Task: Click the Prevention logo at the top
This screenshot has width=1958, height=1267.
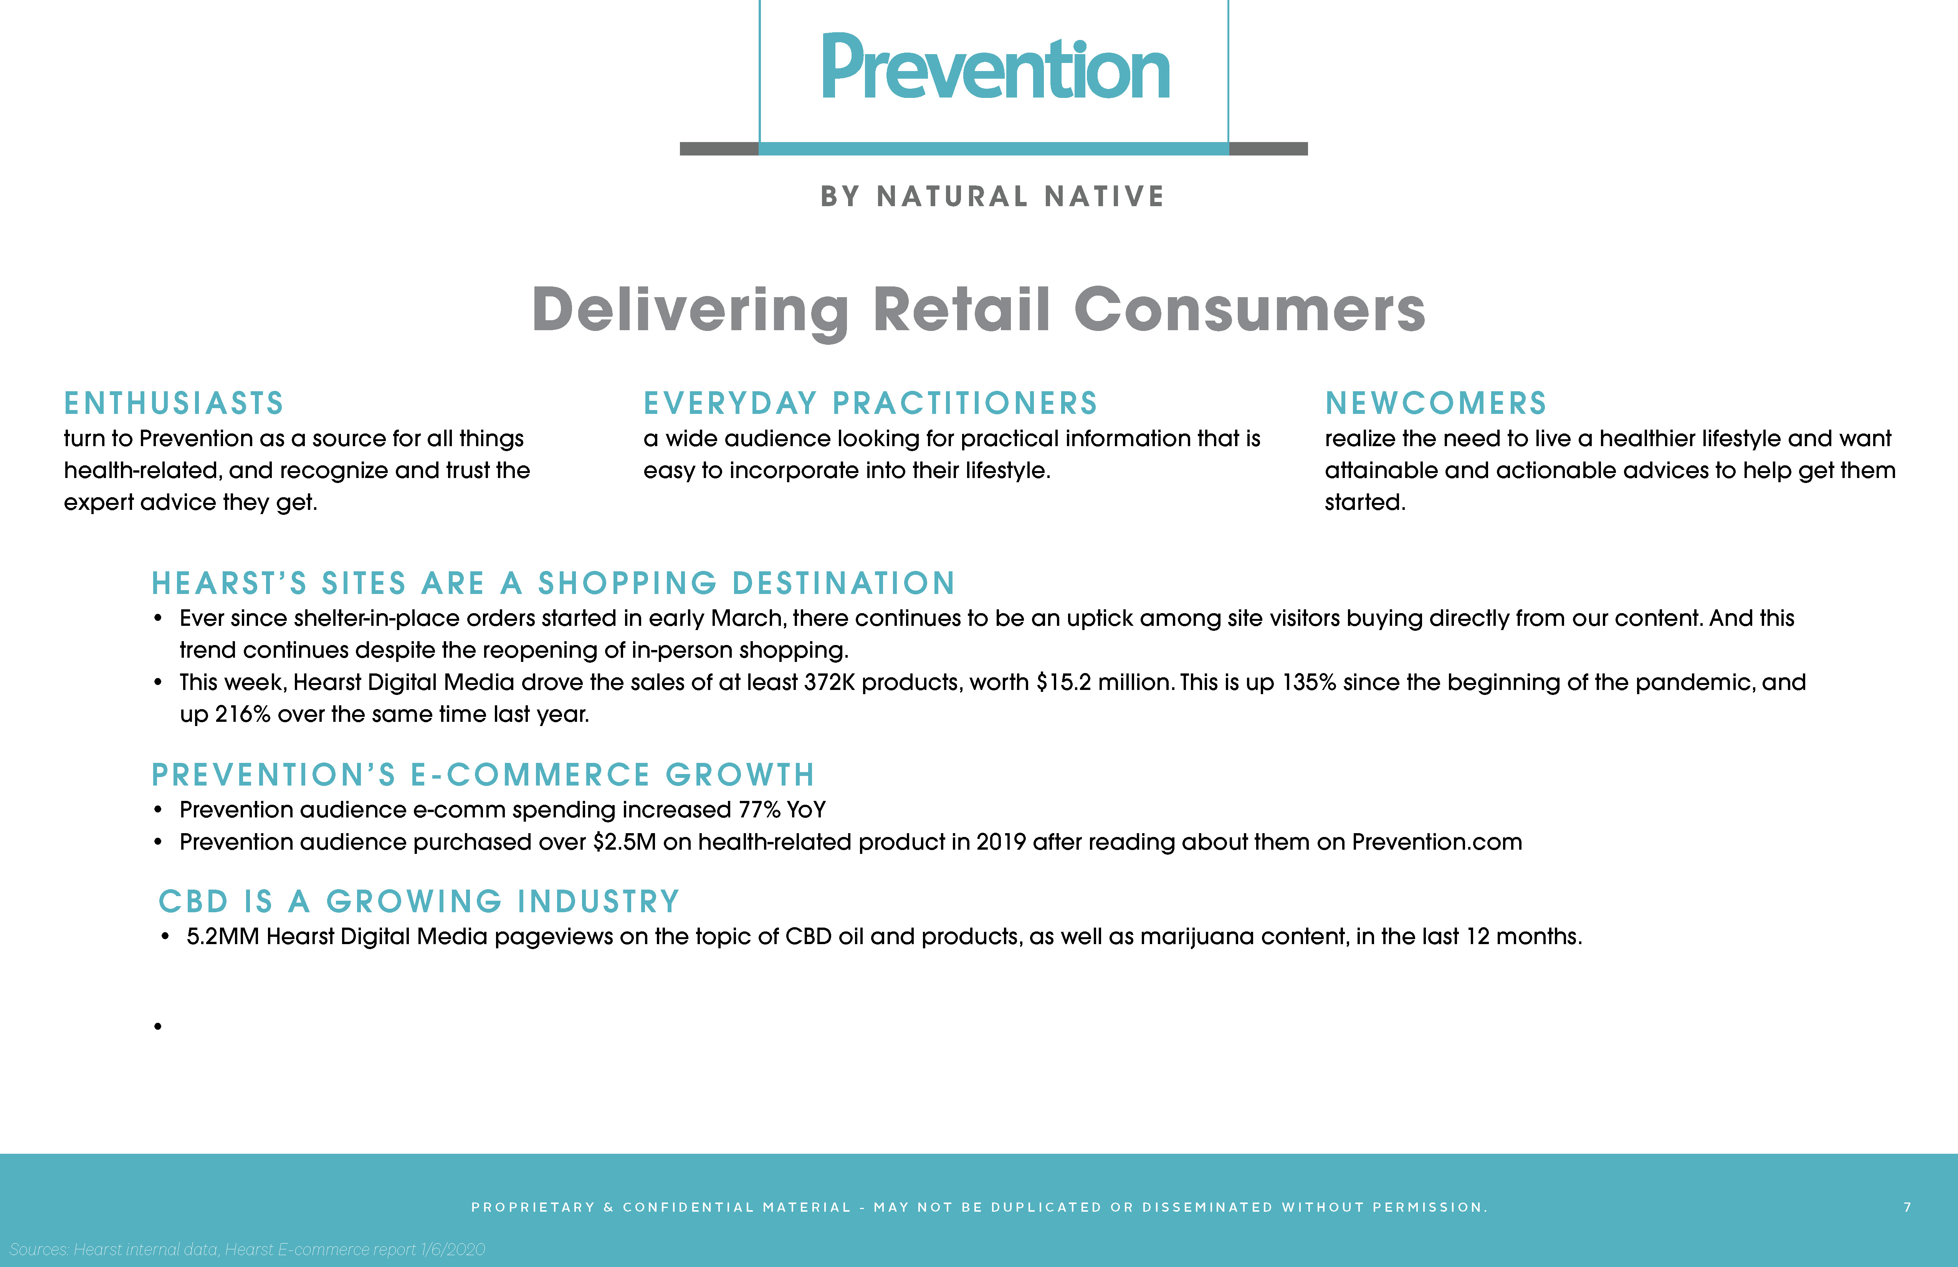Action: click(x=996, y=68)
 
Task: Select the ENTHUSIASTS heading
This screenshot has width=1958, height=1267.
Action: click(x=174, y=403)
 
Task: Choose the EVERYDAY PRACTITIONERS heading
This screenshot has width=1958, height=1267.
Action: click(x=870, y=403)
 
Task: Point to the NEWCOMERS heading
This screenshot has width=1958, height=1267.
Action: click(x=1435, y=403)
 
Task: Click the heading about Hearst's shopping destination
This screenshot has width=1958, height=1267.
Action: click(x=553, y=583)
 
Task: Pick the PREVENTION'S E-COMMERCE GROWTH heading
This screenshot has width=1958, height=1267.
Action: click(x=483, y=775)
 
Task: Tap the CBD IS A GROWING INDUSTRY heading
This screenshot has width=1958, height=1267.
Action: click(x=419, y=902)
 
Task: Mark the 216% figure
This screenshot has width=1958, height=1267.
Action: click(x=243, y=714)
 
